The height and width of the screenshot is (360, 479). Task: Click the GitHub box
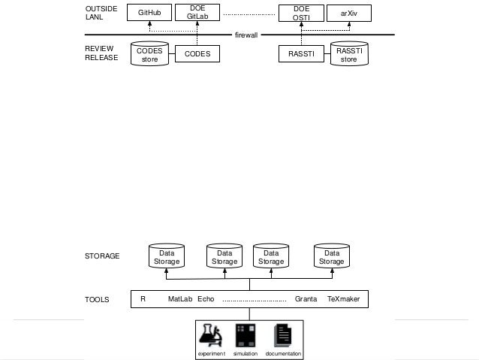[x=149, y=13]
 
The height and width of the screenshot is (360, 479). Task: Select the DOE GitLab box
[x=197, y=13]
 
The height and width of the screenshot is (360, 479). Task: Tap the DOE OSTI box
[x=301, y=13]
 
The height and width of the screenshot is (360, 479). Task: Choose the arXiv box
[x=349, y=13]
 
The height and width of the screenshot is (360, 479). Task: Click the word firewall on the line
[x=246, y=35]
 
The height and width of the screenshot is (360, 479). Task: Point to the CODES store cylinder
[x=149, y=54]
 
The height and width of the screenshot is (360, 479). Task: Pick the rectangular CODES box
[x=197, y=54]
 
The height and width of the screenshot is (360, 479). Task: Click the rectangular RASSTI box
[x=301, y=54]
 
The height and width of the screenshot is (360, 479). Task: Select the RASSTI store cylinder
[x=349, y=54]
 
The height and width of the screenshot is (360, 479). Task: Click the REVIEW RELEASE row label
[x=101, y=53]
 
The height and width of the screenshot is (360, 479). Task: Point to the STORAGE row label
[x=102, y=256]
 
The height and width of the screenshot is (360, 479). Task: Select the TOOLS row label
[x=98, y=299]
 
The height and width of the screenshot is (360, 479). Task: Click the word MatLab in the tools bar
[x=180, y=299]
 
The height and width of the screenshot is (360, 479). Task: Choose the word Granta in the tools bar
[x=306, y=299]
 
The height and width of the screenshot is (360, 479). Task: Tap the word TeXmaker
[x=343, y=299]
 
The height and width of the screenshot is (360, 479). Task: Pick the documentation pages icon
[x=282, y=335]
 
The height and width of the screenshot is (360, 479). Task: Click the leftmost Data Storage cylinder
[x=167, y=257]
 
